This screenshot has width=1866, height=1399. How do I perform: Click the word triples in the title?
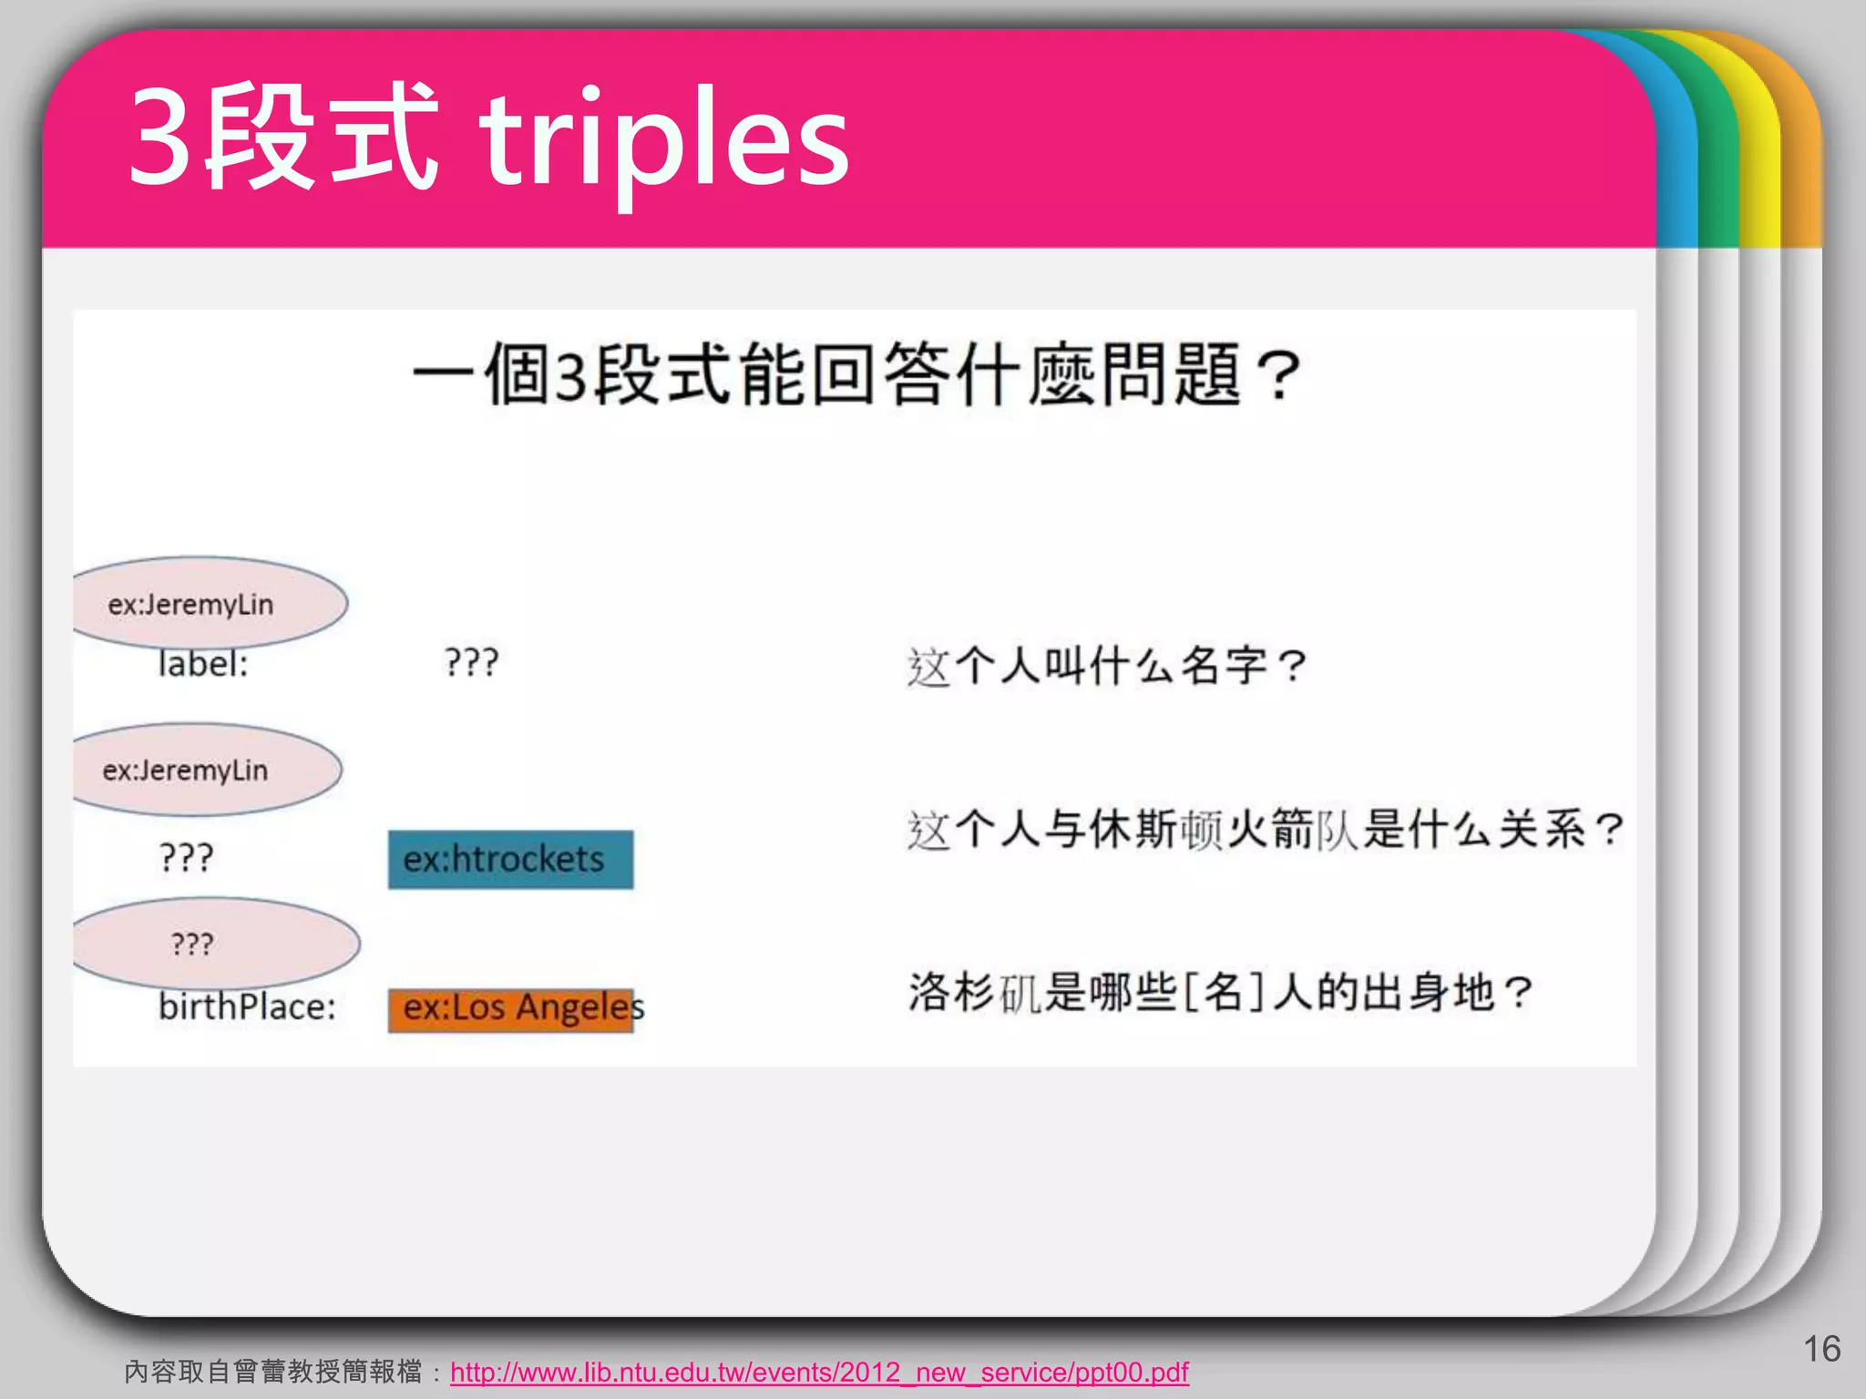pyautogui.click(x=665, y=141)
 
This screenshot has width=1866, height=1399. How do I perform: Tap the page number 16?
pyautogui.click(x=1821, y=1349)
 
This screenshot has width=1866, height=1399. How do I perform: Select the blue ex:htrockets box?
pyautogui.click(x=510, y=859)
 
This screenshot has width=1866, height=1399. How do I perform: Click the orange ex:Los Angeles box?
pyautogui.click(x=510, y=1009)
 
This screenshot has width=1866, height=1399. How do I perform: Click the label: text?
pyautogui.click(x=202, y=664)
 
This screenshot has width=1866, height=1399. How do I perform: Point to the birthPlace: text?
pyautogui.click(x=247, y=1007)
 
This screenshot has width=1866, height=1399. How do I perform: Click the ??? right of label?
pyautogui.click(x=471, y=662)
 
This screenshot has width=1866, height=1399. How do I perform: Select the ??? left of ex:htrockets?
pyautogui.click(x=186, y=857)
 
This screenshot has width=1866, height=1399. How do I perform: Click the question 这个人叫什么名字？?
pyautogui.click(x=1107, y=666)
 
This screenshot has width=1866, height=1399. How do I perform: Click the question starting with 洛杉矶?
pyautogui.click(x=1221, y=992)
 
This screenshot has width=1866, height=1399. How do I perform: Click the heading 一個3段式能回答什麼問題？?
pyautogui.click(x=856, y=374)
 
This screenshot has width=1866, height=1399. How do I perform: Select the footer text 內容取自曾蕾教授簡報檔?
pyautogui.click(x=273, y=1372)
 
